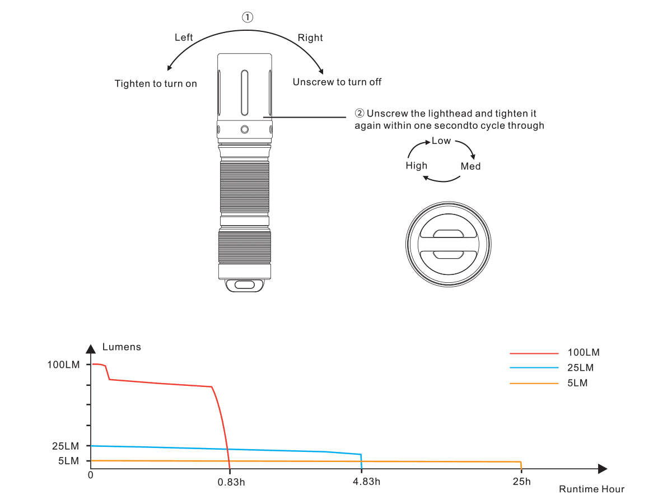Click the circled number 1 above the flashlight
coord(247,17)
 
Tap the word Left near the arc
coord(184,38)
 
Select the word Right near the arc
coord(310,38)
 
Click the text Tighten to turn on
coord(156,83)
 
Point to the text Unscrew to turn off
coord(337,82)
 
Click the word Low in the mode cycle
coord(441,141)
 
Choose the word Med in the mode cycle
coord(470,166)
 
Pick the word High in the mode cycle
coord(416,165)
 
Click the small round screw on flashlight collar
coord(244,129)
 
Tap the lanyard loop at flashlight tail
coord(244,285)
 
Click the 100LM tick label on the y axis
coord(63,365)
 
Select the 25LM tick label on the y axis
coord(66,446)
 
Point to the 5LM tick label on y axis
coord(68,461)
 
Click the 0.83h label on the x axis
coord(231,482)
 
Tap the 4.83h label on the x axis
coord(367,482)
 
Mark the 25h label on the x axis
coord(521,482)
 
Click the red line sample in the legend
coord(534,353)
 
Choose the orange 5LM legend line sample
coord(534,383)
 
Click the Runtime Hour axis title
coord(591,489)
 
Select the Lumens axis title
coord(122,347)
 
